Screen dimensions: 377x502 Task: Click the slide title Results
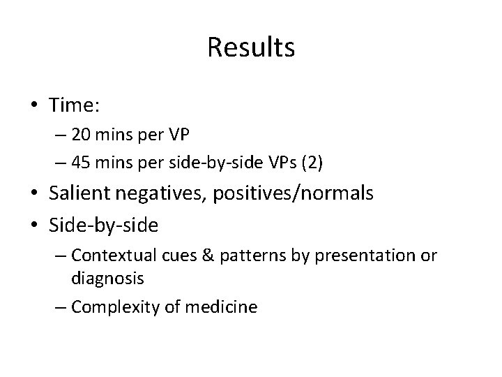pyautogui.click(x=251, y=47)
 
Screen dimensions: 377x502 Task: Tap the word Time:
pyautogui.click(x=76, y=105)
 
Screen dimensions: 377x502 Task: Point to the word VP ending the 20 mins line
pyautogui.click(x=179, y=134)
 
